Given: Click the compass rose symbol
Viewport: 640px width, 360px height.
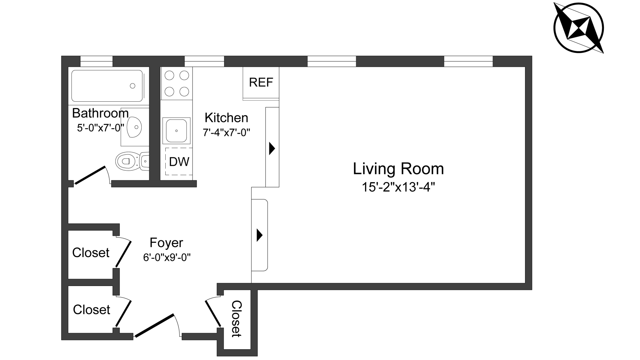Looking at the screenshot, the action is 579,28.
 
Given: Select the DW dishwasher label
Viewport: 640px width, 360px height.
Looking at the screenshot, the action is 179,162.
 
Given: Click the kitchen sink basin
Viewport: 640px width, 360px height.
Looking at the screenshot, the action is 176,131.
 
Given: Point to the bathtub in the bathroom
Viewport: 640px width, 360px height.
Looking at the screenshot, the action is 107,86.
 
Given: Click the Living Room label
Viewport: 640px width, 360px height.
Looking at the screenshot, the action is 398,169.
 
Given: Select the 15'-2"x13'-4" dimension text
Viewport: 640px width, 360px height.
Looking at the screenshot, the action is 398,187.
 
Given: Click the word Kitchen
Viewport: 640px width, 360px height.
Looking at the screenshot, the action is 226,118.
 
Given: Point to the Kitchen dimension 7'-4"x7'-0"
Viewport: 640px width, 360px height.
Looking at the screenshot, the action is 226,133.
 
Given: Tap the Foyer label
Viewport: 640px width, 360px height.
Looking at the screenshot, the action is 166,243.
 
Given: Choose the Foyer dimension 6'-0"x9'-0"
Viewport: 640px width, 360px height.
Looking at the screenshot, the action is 167,257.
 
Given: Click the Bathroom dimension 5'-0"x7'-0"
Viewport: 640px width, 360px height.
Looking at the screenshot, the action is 100,128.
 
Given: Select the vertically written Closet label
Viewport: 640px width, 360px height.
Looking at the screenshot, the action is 236,319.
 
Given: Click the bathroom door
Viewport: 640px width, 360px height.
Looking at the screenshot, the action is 90,175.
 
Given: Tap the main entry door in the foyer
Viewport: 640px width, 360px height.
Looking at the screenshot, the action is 154,326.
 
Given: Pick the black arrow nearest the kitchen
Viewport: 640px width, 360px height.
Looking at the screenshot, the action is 272,148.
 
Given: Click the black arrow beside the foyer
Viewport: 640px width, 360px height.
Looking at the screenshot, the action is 259,235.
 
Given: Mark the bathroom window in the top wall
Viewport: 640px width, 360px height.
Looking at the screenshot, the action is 97,62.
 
